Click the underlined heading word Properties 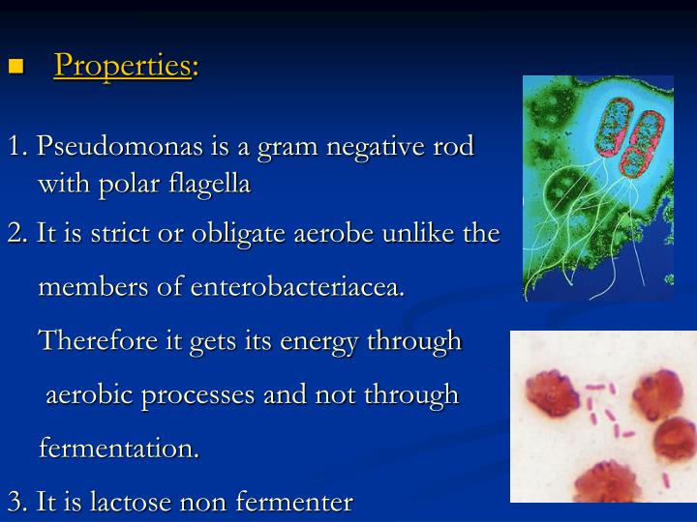coord(122,65)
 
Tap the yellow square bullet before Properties coord(15,67)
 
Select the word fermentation coord(118,449)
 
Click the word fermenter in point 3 coord(297,502)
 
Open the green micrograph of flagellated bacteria coord(597,188)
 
